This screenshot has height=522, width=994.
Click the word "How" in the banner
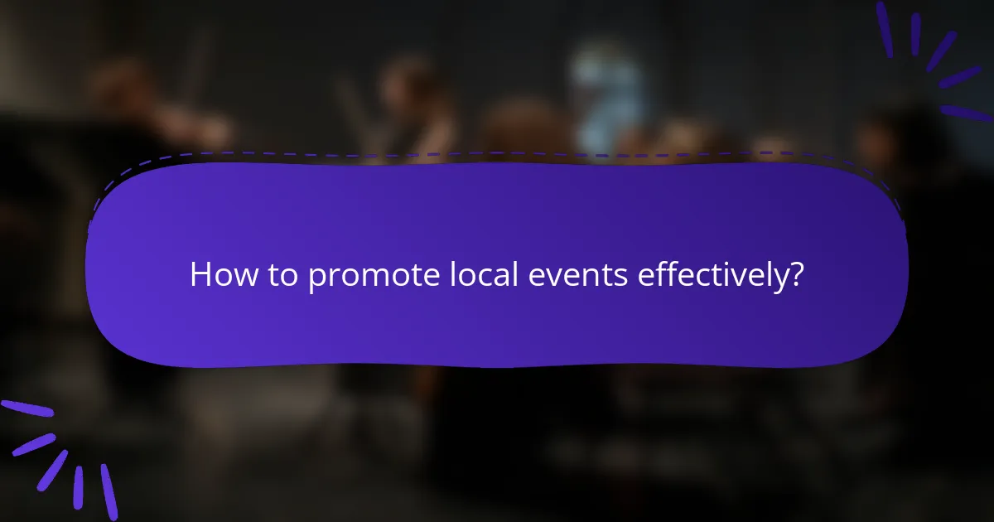pos(220,275)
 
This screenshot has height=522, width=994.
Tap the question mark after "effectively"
pos(796,274)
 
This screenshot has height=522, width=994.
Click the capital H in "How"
pos(200,275)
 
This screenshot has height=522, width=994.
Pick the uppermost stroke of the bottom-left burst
pos(27,408)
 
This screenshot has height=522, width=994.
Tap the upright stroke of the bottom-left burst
pos(78,486)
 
